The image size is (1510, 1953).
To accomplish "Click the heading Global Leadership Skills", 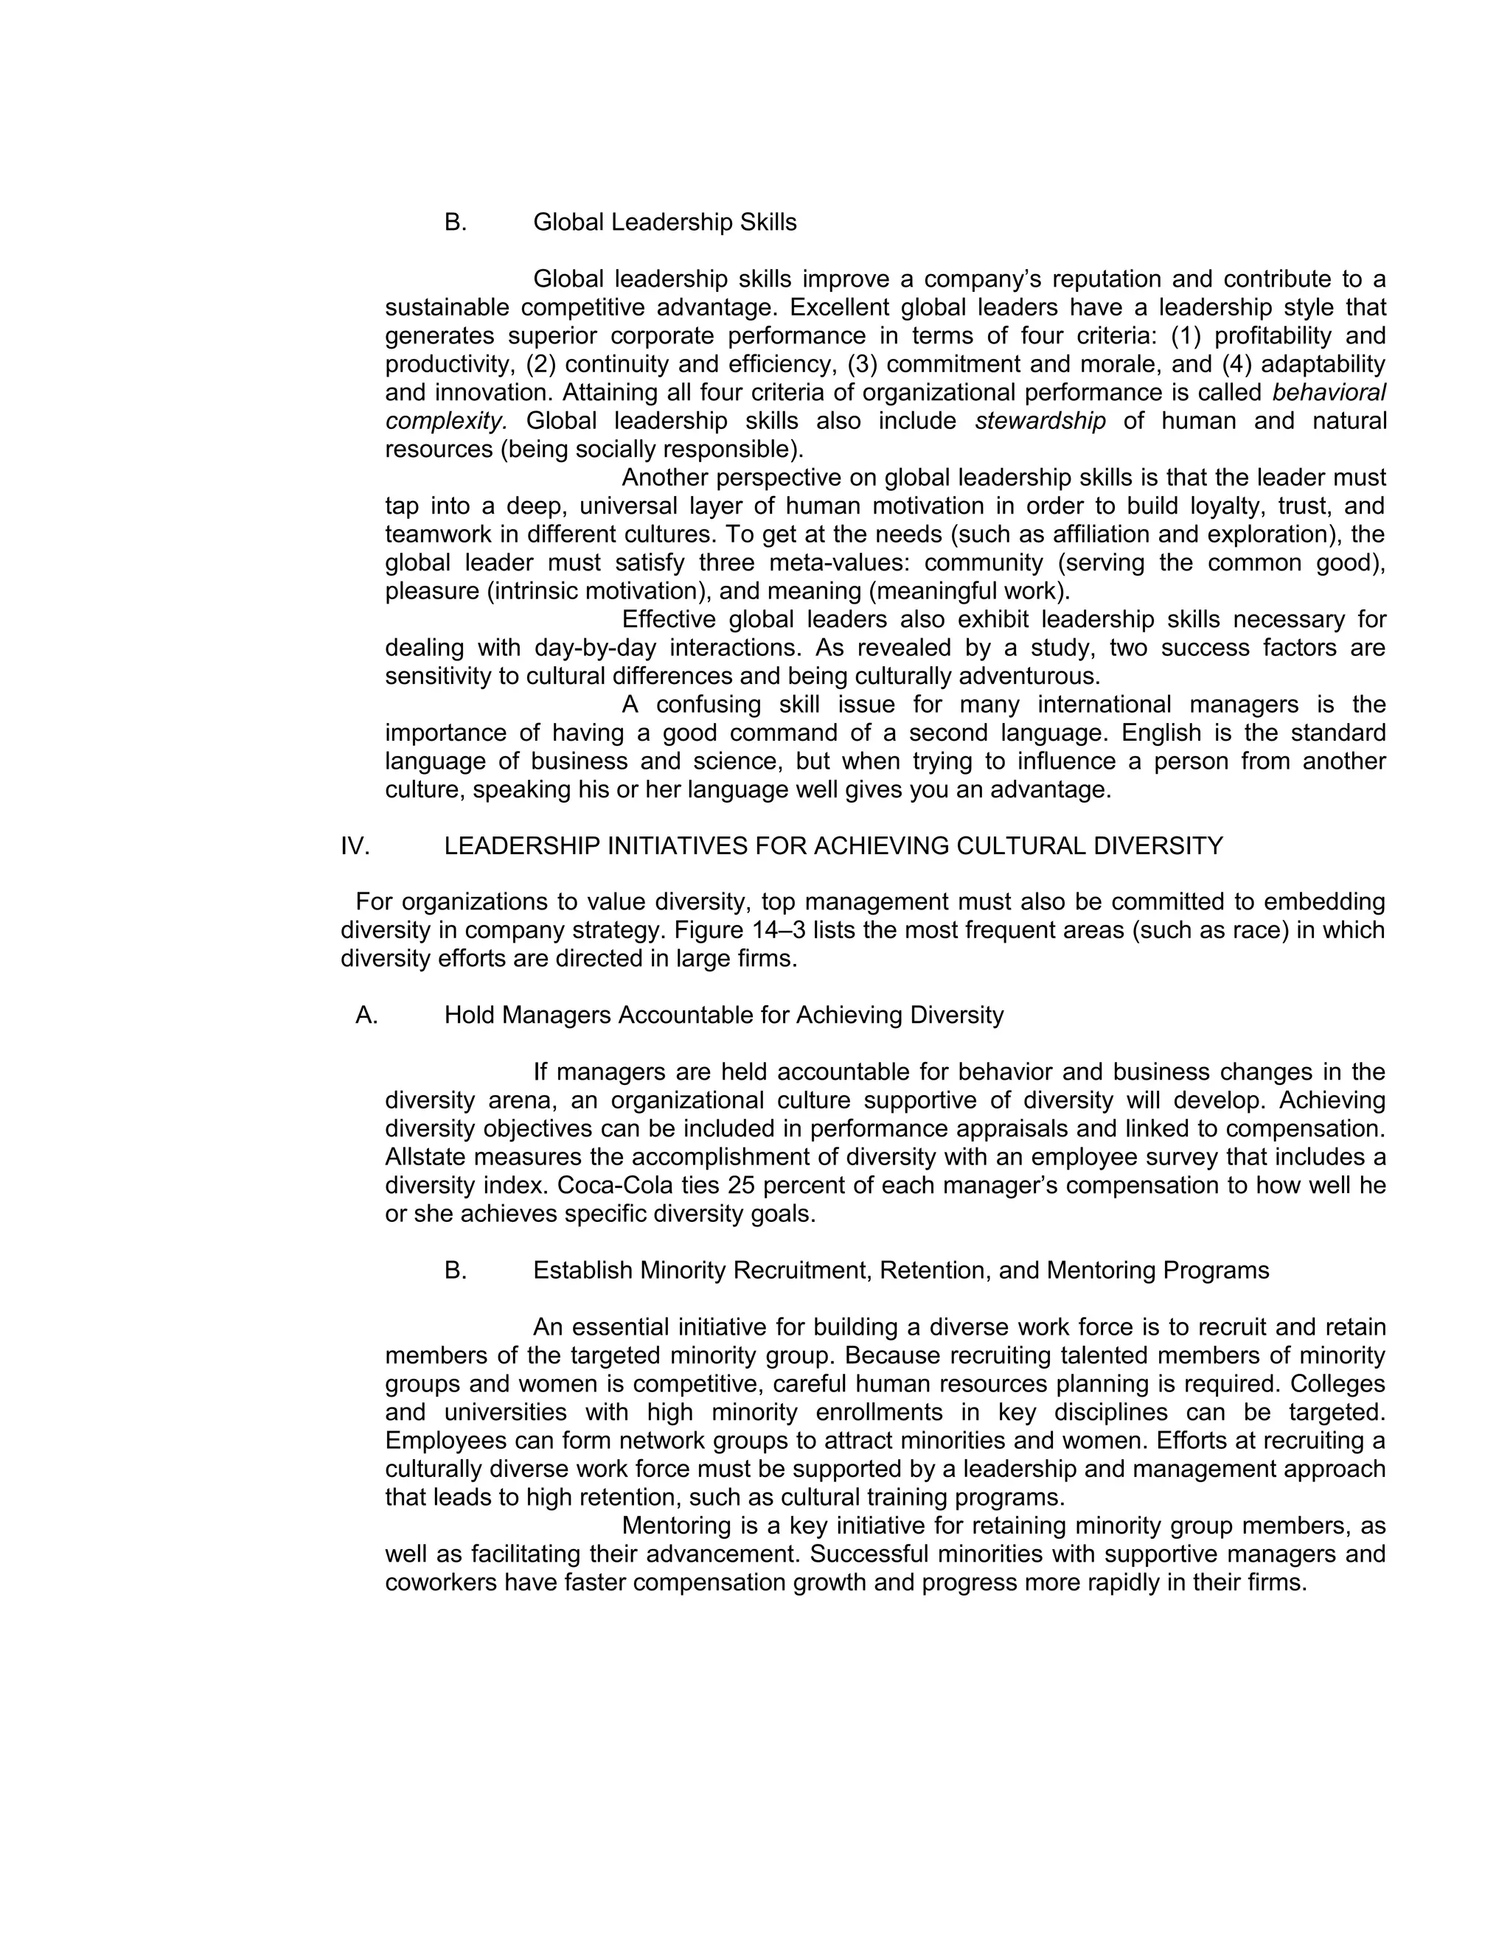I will pyautogui.click(x=664, y=222).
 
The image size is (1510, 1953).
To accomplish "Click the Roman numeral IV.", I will pyautogui.click(x=355, y=846).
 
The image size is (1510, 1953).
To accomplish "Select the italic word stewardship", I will pyautogui.click(x=1040, y=421).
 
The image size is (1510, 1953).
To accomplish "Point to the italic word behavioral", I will pyautogui.click(x=1329, y=393).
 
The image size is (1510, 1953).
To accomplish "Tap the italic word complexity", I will pyautogui.click(x=445, y=421).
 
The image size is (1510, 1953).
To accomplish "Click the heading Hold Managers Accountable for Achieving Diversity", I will pyautogui.click(x=724, y=1015).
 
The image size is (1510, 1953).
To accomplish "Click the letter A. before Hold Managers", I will pyautogui.click(x=366, y=1015).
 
